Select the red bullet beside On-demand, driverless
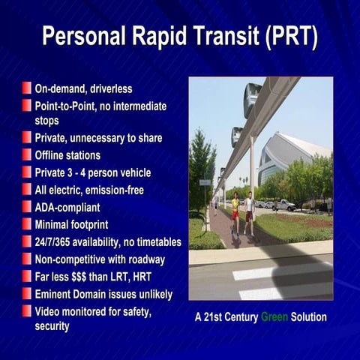click(x=27, y=88)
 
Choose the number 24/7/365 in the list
click(x=57, y=241)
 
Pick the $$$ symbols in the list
click(x=88, y=275)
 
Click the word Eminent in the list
click(x=56, y=292)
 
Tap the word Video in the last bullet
click(x=49, y=310)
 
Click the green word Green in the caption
click(x=274, y=317)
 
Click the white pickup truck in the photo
click(x=284, y=204)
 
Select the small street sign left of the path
click(x=205, y=182)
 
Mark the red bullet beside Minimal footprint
click(x=27, y=223)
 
